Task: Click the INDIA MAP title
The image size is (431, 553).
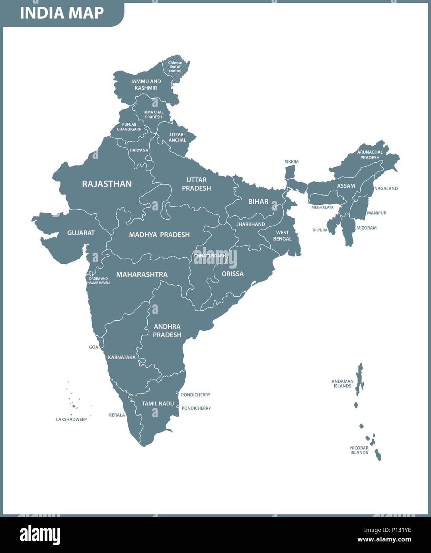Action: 62,13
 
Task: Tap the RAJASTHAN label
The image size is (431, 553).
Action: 107,184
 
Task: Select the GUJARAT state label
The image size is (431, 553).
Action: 81,233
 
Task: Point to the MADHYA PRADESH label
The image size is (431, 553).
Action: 159,235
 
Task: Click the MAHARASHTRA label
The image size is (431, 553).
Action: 142,275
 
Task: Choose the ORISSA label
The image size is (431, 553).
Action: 232,274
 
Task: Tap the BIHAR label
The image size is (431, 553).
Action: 258,202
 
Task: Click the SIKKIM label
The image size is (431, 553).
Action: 291,162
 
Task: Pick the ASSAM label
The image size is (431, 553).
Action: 346,186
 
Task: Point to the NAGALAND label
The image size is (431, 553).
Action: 386,189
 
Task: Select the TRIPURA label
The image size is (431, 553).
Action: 320,230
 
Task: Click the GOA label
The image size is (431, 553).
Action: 94,347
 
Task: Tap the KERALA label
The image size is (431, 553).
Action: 117,415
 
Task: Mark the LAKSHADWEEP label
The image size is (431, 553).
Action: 71,419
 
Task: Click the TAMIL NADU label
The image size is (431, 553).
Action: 158,403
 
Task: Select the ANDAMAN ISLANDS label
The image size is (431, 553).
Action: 342,384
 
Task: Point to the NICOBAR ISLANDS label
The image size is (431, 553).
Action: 359,450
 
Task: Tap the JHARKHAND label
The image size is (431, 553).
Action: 251,224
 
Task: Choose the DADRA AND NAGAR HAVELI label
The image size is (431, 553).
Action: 99,280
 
